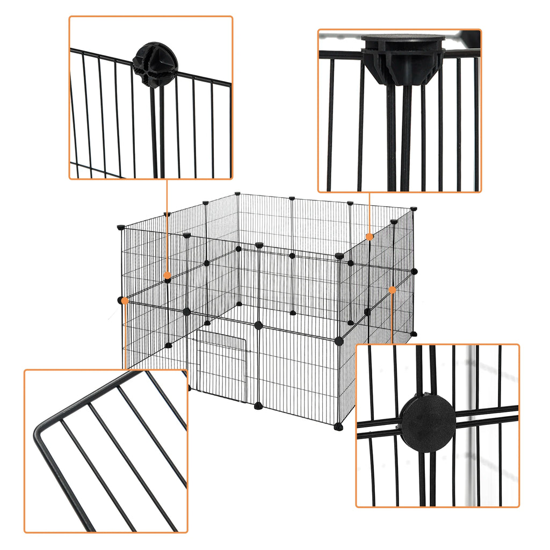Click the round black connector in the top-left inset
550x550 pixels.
155,64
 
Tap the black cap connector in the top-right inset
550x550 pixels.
403,59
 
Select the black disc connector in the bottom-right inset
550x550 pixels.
428,424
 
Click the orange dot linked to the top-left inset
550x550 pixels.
167,276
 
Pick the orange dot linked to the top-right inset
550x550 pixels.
370,236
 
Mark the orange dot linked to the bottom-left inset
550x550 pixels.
125,301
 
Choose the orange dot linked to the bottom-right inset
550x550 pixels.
392,290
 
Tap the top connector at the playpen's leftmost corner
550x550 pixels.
120,227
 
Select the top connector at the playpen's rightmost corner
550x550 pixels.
414,208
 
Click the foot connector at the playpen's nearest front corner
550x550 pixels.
338,426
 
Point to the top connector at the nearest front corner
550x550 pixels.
339,256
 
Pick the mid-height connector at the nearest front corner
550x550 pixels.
338,341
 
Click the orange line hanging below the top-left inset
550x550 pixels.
167,226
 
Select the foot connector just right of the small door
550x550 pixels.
258,405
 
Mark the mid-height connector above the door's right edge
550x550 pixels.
258,325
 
